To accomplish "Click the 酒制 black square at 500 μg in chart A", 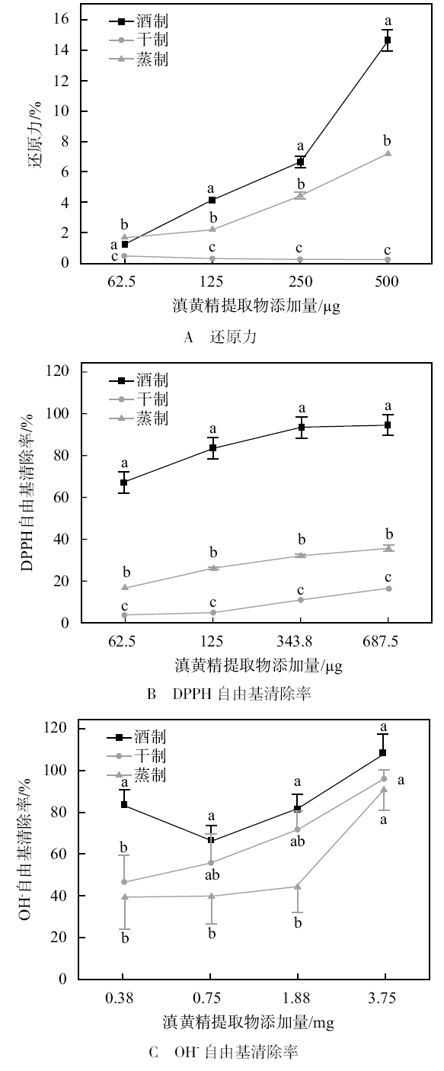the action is [388, 40].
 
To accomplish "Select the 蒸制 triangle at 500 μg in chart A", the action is [388, 153].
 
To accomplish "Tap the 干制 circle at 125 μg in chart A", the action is [212, 258].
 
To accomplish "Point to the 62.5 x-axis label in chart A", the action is [122, 281].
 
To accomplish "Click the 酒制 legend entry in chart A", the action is [139, 21].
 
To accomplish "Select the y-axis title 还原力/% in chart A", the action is [37, 136].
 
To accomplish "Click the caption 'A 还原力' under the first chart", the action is [220, 337].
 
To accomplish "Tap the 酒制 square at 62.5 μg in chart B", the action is [124, 483].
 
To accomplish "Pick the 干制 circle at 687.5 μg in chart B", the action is [388, 588].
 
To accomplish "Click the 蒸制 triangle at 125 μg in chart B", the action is [213, 568].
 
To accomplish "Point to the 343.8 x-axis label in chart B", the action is [300, 641].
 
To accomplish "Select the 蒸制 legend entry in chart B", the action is [139, 418].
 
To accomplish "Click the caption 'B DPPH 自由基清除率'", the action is [229, 694].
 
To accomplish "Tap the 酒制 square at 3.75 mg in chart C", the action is [383, 753].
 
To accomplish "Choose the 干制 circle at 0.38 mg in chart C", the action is [124, 882].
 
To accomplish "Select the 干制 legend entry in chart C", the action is [136, 756].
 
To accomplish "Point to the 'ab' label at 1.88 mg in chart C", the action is [297, 842].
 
